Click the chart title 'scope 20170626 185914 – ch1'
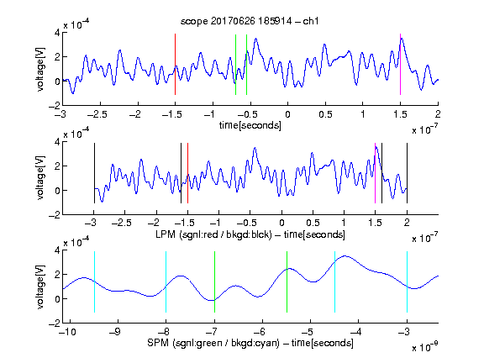pos(250,21)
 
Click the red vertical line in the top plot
pos(175,64)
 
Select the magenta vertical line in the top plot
pos(400,64)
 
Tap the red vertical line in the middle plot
pos(187,173)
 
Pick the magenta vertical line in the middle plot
pos(375,173)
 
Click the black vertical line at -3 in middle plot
pos(94,173)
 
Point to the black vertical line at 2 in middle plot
pos(407,173)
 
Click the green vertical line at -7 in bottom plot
pos(214,281)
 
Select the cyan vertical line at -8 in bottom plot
pos(166,281)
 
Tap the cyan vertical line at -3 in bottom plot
pos(407,281)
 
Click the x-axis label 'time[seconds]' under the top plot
pos(250,125)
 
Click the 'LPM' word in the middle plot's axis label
pos(166,234)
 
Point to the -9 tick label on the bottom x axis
pos(115,332)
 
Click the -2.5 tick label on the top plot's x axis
pos(97,114)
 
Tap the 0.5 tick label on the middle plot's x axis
pos(313,223)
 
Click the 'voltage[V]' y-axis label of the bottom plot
pos(40,287)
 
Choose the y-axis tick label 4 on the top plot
pos(57,33)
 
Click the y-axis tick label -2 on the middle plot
pos(55,215)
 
